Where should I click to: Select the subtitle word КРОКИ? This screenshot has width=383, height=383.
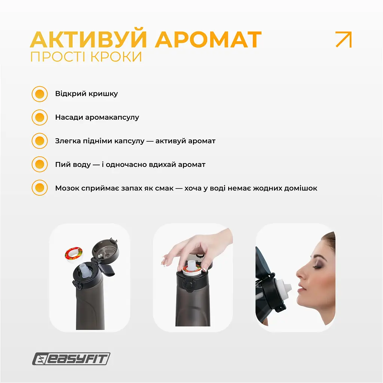pyautogui.click(x=116, y=57)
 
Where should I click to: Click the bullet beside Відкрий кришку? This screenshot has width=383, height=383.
pyautogui.click(x=40, y=94)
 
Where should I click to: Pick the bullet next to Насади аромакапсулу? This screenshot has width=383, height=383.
pyautogui.click(x=40, y=117)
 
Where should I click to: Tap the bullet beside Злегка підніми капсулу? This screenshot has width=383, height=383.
pyautogui.click(x=40, y=141)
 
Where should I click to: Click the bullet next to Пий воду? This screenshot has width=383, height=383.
pyautogui.click(x=40, y=164)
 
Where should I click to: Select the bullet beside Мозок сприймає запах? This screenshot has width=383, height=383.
pyautogui.click(x=40, y=188)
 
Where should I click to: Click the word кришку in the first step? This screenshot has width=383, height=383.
pyautogui.click(x=103, y=94)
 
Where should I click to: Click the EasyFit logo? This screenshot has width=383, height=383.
pyautogui.click(x=71, y=359)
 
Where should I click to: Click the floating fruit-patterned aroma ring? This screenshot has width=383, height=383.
pyautogui.click(x=74, y=255)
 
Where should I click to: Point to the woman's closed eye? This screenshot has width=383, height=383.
pyautogui.click(x=317, y=267)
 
